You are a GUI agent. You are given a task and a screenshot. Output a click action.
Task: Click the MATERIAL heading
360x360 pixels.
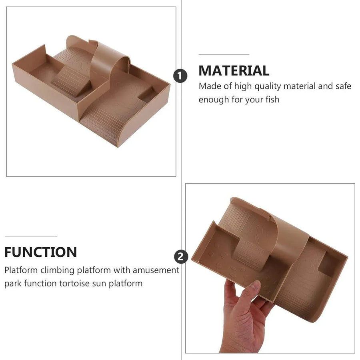[234, 70]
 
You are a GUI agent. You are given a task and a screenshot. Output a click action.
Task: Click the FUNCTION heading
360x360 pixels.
[41, 252]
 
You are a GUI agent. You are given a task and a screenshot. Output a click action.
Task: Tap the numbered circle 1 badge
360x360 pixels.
[180, 76]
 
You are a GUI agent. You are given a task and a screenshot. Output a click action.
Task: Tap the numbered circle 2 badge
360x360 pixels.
[181, 257]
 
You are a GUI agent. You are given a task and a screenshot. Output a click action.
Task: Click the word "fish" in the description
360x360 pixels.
[272, 100]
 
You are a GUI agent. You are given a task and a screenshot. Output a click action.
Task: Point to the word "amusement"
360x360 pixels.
[156, 270]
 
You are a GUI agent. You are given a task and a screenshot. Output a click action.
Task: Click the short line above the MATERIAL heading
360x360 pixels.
[224, 55]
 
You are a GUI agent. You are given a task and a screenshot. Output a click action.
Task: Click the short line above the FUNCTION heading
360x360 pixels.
[31, 236]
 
